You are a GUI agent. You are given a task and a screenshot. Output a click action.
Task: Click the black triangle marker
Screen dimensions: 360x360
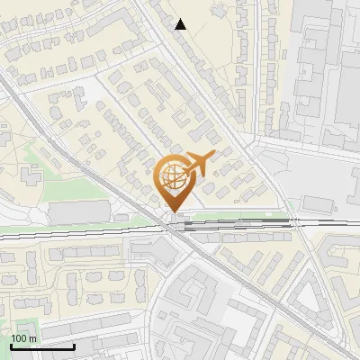[181, 24]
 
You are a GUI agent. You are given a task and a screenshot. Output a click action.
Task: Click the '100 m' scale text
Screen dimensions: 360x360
[23, 338]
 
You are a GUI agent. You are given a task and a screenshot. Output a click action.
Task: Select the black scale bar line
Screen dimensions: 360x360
[42, 346]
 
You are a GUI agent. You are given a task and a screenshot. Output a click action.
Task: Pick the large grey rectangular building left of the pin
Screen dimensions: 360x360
[79, 213]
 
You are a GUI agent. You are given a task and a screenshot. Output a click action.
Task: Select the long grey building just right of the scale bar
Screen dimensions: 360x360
[117, 341]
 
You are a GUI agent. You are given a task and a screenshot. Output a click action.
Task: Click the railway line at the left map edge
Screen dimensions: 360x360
[4, 236]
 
